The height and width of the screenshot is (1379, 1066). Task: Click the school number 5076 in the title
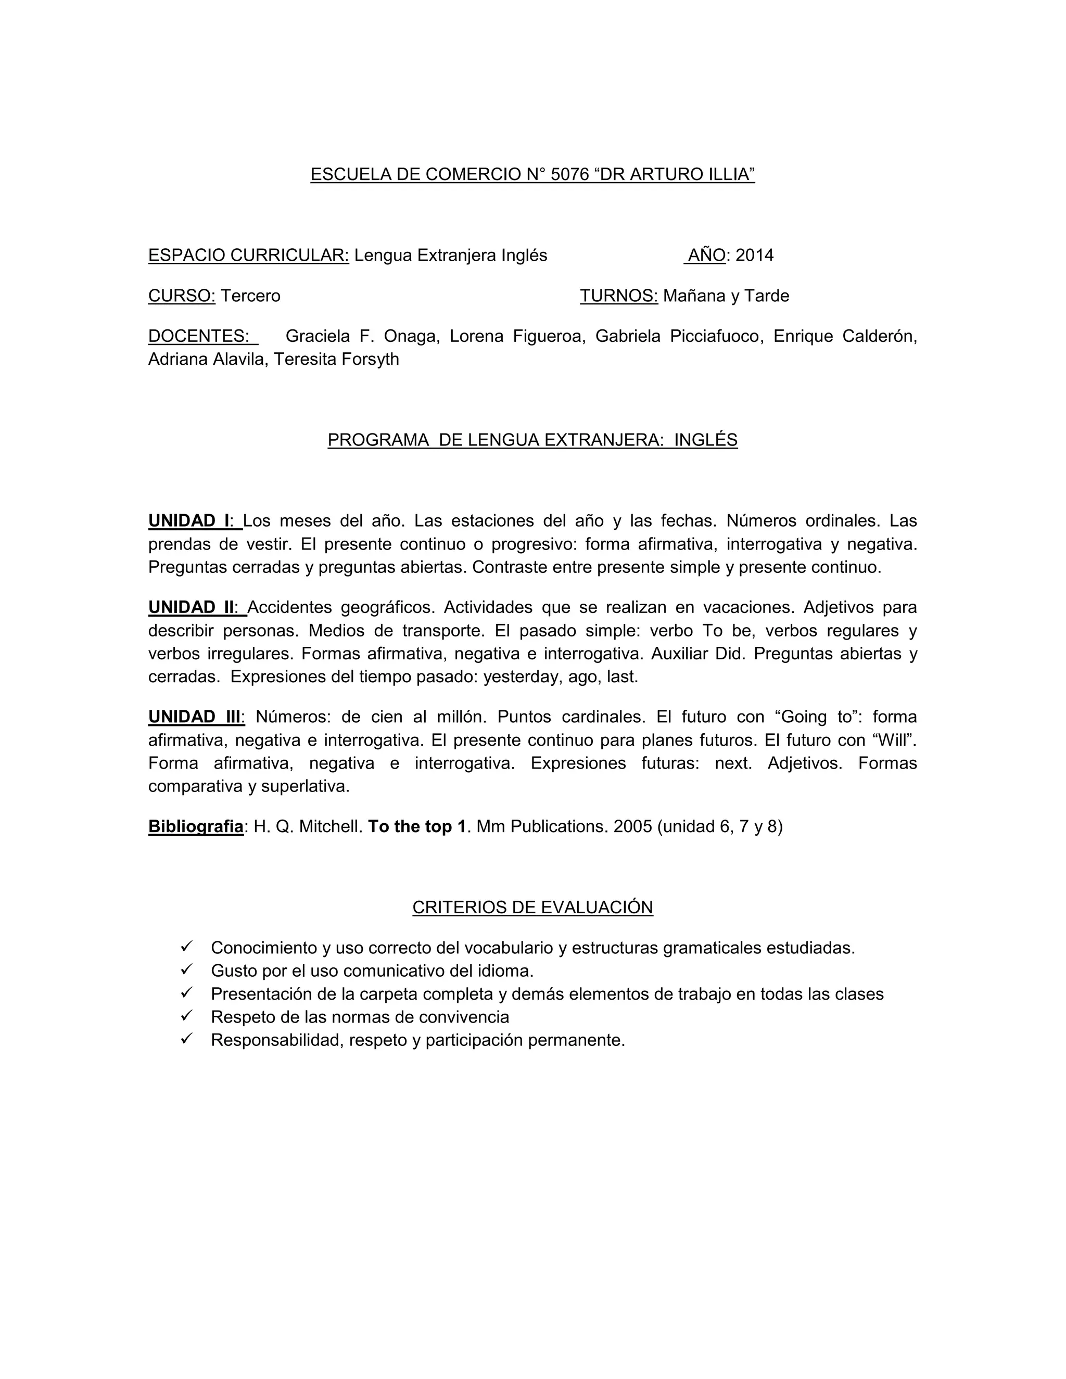click(569, 174)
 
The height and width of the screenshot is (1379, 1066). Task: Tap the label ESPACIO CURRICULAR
click(248, 255)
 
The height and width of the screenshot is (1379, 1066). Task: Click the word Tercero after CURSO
click(250, 296)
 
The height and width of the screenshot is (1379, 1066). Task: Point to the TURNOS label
click(618, 296)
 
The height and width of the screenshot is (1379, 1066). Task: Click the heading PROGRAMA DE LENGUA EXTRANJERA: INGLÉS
click(532, 440)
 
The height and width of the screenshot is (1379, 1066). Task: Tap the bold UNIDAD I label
click(189, 521)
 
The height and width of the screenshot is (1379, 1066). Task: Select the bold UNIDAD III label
click(195, 717)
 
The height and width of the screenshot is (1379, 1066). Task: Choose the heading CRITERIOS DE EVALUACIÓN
click(532, 908)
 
